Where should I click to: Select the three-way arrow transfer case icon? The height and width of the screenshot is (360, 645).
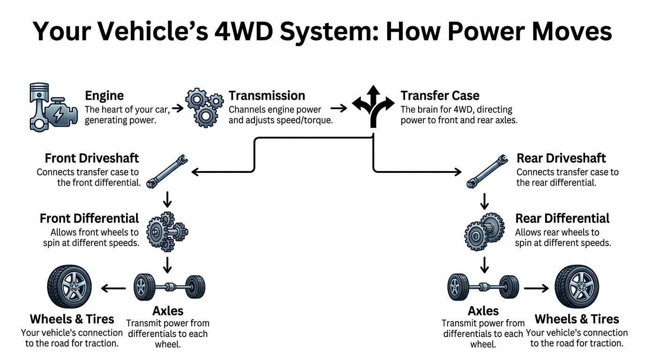(374, 106)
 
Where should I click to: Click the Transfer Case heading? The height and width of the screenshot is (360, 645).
(440, 96)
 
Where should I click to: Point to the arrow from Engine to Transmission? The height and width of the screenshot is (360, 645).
(178, 109)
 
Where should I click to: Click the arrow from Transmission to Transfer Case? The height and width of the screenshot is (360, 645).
(342, 109)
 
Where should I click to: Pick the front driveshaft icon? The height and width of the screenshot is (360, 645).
(168, 171)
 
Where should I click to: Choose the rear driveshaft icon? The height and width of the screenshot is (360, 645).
(487, 171)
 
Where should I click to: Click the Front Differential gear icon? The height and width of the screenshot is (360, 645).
(167, 231)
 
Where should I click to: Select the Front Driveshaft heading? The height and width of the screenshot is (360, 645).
(92, 158)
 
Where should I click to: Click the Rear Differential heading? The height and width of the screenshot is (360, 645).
(562, 218)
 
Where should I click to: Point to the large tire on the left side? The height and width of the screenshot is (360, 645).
(69, 286)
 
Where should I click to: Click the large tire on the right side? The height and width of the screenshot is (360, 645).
(577, 286)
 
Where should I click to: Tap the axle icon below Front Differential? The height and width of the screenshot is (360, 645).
(169, 286)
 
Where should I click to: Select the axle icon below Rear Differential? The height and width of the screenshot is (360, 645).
(483, 286)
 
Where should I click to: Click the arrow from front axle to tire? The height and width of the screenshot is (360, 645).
(113, 288)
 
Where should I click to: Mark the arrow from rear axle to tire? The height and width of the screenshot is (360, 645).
(536, 288)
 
